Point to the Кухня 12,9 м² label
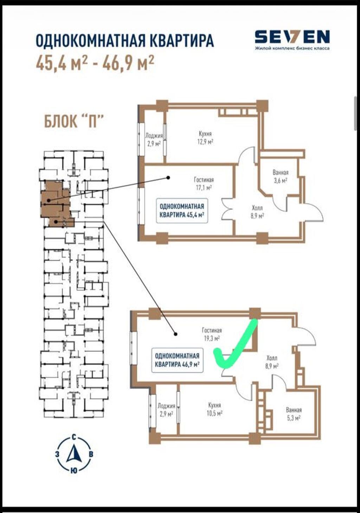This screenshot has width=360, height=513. click(x=205, y=137)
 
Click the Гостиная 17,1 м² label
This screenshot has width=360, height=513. click(x=204, y=184)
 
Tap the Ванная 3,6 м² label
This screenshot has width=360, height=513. click(x=280, y=177)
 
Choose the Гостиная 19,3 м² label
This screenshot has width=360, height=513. click(x=212, y=335)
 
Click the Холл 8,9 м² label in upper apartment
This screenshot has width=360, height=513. click(x=257, y=212)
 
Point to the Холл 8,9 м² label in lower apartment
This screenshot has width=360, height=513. click(x=272, y=362)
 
